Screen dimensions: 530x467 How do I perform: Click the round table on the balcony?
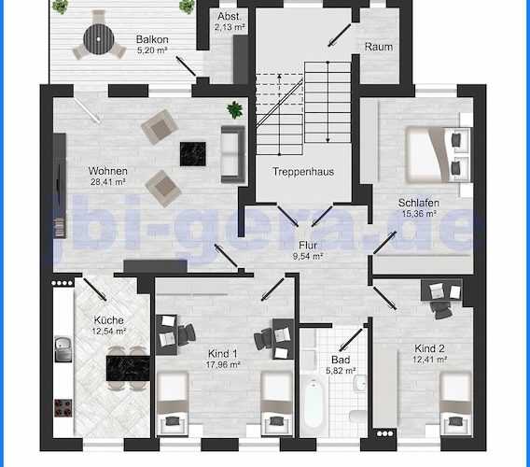click(98, 39)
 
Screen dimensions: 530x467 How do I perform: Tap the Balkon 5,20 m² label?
click(152, 45)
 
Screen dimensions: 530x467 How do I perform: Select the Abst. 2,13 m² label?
click(230, 21)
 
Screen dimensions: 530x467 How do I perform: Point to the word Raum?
click(379, 47)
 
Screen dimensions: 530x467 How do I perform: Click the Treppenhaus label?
click(303, 172)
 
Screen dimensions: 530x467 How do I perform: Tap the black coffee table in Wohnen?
click(193, 154)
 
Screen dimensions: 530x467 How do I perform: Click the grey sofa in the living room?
click(233, 154)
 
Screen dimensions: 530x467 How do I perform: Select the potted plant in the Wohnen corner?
click(235, 109)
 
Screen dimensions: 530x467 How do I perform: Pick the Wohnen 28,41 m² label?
click(108, 176)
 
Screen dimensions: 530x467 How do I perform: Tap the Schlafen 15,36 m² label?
click(419, 207)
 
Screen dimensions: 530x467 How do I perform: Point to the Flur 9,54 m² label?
click(308, 250)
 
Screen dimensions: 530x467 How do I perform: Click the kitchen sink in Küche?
click(63, 349)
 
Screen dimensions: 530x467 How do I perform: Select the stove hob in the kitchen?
click(63, 408)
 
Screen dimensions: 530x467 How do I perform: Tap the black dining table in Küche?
click(128, 368)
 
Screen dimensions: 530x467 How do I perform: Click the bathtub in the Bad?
click(314, 404)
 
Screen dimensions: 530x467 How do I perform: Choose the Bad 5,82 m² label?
click(341, 365)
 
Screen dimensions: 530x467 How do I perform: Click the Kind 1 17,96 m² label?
click(223, 359)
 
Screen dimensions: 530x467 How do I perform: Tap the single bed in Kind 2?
click(455, 403)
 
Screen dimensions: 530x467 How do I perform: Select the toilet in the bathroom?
click(357, 417)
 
